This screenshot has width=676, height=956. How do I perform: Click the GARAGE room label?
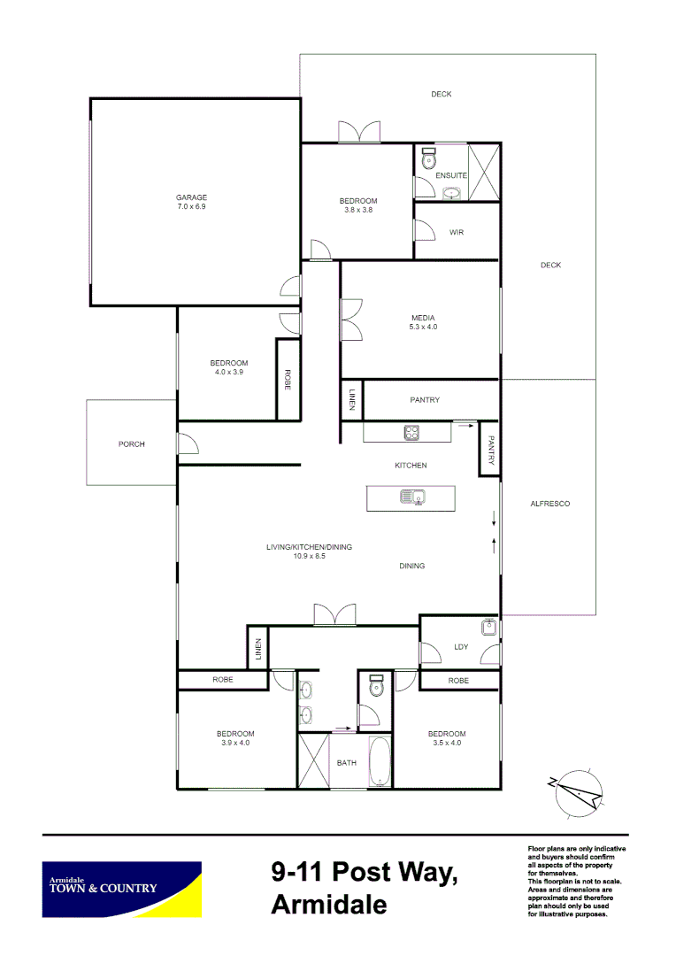tap(191, 197)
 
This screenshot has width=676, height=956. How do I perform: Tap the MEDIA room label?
tap(423, 318)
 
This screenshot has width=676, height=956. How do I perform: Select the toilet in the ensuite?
tap(429, 158)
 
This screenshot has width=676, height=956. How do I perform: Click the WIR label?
tap(457, 233)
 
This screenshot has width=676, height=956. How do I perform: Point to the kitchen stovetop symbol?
tap(411, 433)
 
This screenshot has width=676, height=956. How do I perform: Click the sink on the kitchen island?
tap(411, 497)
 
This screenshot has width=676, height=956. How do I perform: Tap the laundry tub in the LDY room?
tap(488, 628)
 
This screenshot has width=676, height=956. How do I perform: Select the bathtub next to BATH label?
tap(380, 760)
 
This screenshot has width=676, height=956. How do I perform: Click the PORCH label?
tap(131, 444)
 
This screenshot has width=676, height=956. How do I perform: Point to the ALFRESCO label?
tap(549, 504)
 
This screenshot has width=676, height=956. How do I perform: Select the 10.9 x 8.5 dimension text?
tap(309, 557)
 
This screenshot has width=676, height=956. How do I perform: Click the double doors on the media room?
tap(350, 320)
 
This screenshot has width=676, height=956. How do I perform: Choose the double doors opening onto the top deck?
tap(360, 131)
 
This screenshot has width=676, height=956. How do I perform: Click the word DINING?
tap(411, 566)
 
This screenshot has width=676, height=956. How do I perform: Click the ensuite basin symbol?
tap(452, 193)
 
